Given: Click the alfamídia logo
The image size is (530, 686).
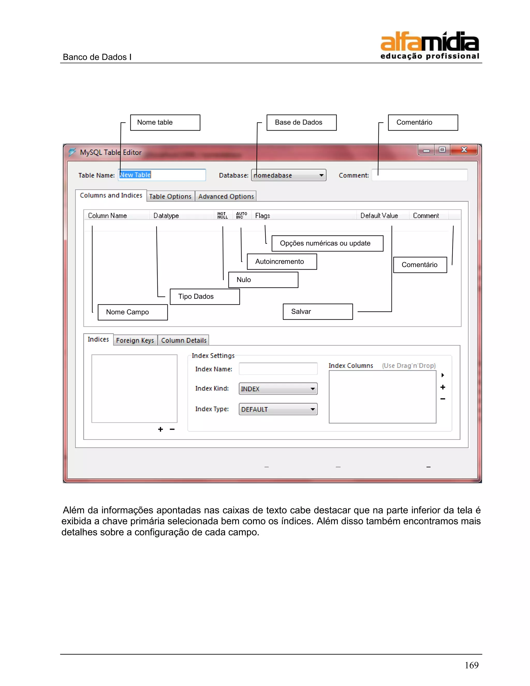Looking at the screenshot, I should coord(429,45).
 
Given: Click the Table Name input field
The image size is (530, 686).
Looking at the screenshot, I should coord(162,175).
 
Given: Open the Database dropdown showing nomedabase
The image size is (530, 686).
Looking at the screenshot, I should coord(289,175).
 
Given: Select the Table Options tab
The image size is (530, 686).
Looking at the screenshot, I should coord(170,196).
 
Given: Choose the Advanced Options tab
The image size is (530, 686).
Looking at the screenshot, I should coord(226,196).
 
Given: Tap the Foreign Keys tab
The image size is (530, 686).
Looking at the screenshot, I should coord(135,340).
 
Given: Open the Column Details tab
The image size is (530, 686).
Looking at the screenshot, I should coord(184,340).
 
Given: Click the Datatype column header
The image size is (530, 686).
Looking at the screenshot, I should coord(166,215).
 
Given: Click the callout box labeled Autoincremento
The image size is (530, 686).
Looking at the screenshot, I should coord(282,262).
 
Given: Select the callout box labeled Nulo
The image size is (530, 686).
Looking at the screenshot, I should coord(263,280).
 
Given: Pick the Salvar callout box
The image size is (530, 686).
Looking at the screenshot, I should coord(318,312).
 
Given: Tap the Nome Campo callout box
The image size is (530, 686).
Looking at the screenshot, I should coord(132,312).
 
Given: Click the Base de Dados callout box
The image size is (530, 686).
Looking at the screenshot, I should coord(301,122).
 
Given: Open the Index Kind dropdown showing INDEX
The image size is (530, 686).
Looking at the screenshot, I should coord(278,389).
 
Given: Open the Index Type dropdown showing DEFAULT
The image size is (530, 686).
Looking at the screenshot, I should coord(278,409).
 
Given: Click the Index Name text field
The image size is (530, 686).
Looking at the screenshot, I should coord(278,368).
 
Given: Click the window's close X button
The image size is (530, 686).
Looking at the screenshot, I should coord(464,150).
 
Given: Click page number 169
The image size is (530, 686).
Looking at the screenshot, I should coord(471,665).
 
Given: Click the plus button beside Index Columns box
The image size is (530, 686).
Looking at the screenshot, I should coord(443,387).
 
